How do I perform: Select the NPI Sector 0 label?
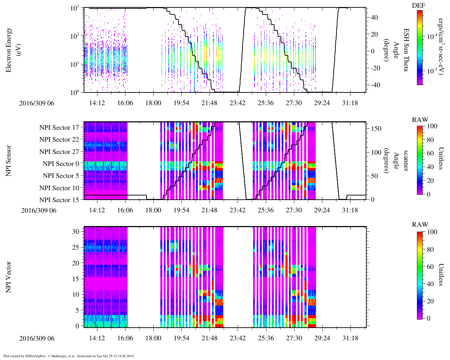tap(61, 164)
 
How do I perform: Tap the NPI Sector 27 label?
tap(59, 152)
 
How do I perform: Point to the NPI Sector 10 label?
tap(59, 188)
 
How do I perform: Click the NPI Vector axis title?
tap(9, 277)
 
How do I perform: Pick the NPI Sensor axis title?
tap(9, 161)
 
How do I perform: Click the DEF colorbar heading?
tap(418, 6)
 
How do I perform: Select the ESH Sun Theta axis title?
tap(406, 50)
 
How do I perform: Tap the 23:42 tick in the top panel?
tap(238, 103)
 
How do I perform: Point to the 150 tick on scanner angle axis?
tap(377, 129)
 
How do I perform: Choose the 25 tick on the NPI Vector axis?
tap(76, 247)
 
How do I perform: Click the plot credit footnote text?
tap(69, 356)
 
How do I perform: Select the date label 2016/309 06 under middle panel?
tap(39, 211)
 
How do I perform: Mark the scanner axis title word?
tap(406, 161)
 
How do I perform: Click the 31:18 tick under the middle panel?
tap(350, 210)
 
